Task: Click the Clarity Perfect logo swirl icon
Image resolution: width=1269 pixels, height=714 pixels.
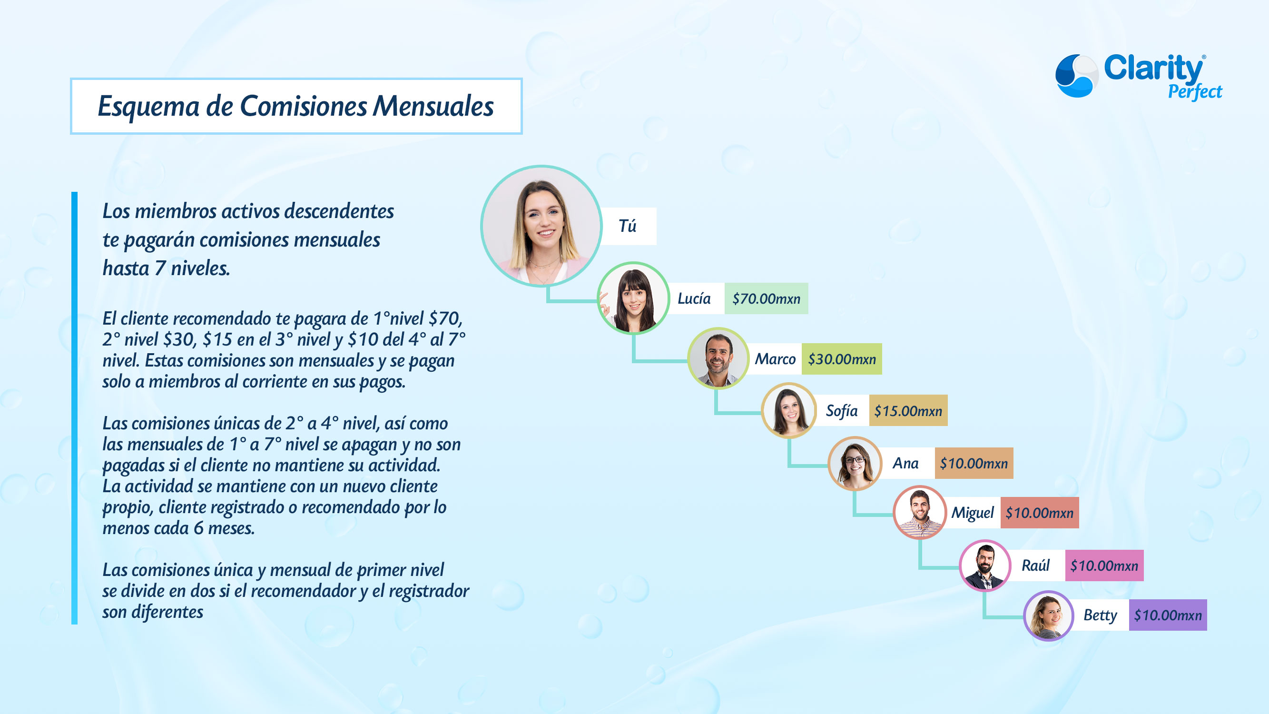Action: (1076, 75)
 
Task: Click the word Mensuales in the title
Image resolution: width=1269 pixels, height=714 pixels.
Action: (433, 106)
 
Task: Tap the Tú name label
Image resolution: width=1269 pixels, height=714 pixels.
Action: (628, 226)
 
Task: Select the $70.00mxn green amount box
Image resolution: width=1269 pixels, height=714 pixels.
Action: (766, 298)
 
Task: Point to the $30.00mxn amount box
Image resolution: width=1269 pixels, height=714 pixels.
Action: (842, 359)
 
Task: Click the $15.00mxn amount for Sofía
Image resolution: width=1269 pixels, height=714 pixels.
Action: (908, 411)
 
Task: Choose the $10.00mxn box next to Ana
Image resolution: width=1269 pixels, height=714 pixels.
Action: (974, 463)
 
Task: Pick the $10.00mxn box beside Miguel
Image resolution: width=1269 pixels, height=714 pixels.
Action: (1040, 513)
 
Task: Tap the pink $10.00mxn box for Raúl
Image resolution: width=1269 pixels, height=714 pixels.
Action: (1104, 565)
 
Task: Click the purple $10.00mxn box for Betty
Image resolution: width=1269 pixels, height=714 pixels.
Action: (1168, 615)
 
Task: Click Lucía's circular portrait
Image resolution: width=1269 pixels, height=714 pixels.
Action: (633, 298)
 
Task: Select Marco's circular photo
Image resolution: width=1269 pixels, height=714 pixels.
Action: (718, 358)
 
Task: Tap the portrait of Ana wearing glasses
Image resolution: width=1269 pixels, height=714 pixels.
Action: (855, 463)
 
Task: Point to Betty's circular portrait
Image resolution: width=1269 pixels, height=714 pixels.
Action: (1048, 615)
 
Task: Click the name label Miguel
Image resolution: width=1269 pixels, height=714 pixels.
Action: (973, 513)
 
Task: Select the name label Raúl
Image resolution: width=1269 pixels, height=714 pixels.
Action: (1035, 565)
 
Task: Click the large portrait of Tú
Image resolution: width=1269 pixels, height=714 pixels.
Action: (541, 226)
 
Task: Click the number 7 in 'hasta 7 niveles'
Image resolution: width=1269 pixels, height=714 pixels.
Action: (159, 268)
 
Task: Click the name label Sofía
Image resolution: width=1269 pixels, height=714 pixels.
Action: (841, 411)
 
